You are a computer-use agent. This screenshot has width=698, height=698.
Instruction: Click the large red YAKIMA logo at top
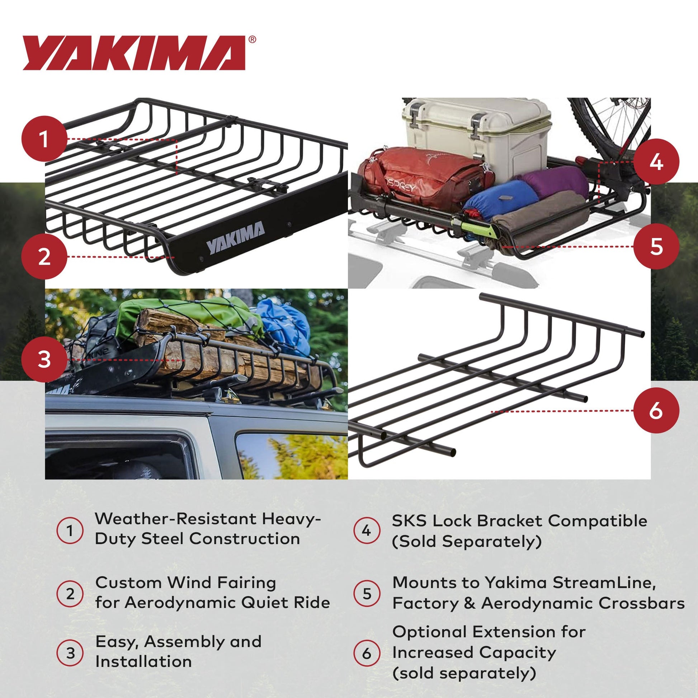(134, 53)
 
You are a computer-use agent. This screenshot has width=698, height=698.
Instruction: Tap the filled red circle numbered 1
(44, 139)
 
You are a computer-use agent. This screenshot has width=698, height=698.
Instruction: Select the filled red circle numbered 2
(44, 256)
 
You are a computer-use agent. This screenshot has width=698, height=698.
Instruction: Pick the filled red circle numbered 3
(44, 359)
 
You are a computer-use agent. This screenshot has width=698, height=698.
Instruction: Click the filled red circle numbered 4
(656, 161)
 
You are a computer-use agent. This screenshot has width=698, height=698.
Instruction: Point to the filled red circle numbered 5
(656, 246)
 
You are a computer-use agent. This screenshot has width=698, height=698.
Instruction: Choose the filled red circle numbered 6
(656, 410)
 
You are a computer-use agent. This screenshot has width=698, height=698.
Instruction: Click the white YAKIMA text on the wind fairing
(235, 238)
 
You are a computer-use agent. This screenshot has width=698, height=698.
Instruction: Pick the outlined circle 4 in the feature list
(366, 531)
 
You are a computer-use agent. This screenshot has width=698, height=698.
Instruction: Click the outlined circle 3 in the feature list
(70, 652)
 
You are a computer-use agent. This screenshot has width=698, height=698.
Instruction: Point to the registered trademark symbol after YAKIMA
(252, 39)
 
